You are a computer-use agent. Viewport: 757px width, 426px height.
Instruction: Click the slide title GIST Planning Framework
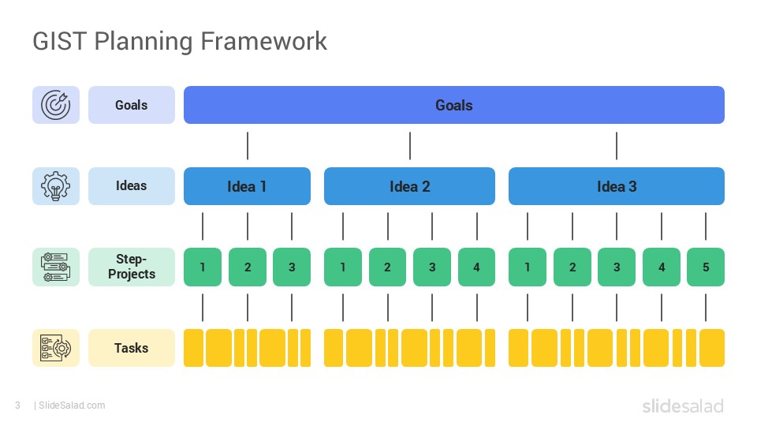click(x=180, y=41)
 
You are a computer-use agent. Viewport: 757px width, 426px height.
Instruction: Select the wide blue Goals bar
click(x=453, y=105)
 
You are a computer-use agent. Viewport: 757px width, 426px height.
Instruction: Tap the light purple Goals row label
click(x=131, y=105)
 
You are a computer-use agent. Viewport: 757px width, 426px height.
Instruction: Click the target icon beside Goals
click(x=55, y=105)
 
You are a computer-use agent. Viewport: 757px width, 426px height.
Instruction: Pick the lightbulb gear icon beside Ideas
click(x=55, y=186)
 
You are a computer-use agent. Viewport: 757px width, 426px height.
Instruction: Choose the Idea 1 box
click(x=247, y=186)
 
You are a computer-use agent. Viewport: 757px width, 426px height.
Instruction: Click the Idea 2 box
click(x=409, y=186)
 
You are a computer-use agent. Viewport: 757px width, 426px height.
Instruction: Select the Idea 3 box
click(x=616, y=186)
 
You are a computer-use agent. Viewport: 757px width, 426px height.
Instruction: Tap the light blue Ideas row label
click(x=131, y=186)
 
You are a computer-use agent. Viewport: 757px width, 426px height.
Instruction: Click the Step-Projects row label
click(x=131, y=267)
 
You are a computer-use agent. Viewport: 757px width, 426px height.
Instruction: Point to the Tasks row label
click(x=131, y=348)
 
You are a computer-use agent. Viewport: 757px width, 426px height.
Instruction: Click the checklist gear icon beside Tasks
click(x=55, y=348)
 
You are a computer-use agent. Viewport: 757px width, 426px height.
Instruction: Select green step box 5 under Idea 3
click(x=705, y=267)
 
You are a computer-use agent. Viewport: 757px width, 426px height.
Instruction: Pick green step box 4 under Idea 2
click(x=476, y=267)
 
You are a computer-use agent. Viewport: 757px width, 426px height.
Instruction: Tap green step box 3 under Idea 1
click(x=292, y=267)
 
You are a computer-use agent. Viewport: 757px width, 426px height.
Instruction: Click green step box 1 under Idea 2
click(x=343, y=267)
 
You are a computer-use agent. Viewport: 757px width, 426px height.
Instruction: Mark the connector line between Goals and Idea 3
click(x=616, y=146)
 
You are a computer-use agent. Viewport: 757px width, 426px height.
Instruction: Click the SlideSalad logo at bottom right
click(x=681, y=406)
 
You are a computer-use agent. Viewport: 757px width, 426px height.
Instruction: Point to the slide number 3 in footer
click(x=17, y=405)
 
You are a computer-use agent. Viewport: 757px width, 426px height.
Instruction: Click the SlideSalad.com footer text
click(x=71, y=405)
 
